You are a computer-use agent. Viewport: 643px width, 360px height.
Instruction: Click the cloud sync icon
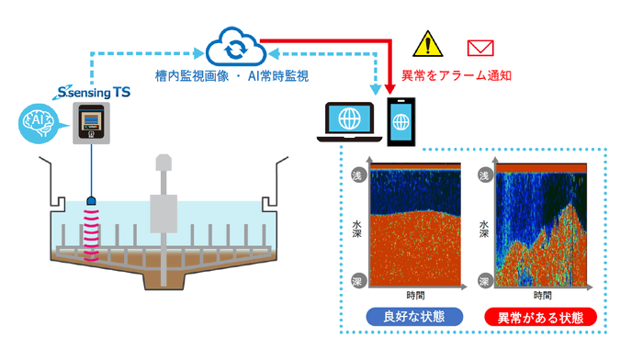[x=233, y=45]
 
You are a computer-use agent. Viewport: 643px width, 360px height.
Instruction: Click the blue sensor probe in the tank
[x=91, y=201]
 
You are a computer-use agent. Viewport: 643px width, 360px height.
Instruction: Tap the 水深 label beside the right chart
[x=485, y=225]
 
